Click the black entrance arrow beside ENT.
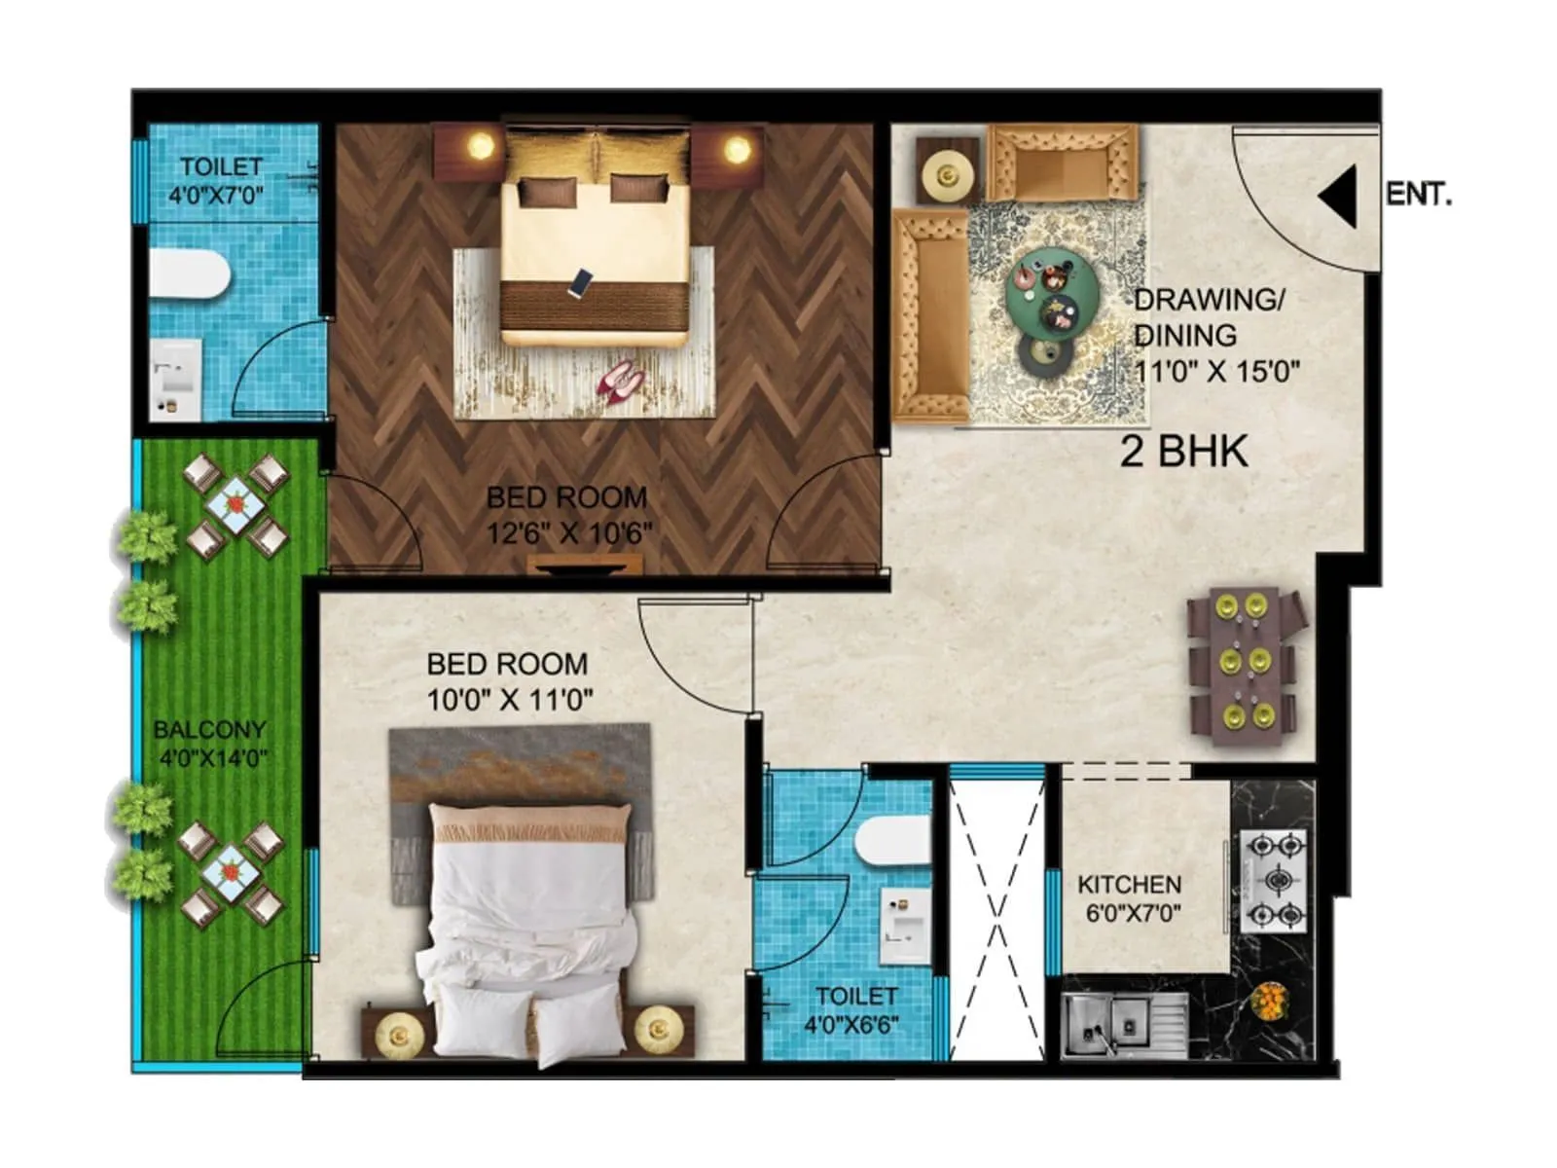click(1341, 196)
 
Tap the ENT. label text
click(1418, 195)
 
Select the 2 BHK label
click(1183, 452)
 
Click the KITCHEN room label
click(1129, 885)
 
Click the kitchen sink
click(1123, 1025)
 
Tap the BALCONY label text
click(209, 729)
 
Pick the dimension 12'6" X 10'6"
click(569, 533)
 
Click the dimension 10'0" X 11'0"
click(510, 699)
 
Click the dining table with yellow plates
click(1246, 666)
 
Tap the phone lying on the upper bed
click(581, 282)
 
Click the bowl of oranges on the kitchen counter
click(1270, 1000)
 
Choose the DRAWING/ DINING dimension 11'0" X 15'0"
click(1216, 371)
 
